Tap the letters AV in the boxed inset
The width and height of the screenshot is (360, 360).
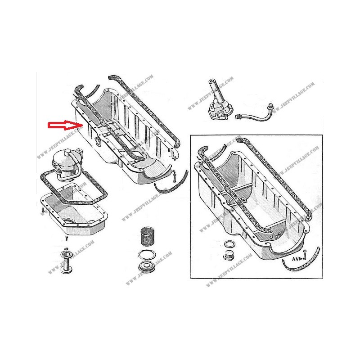(x=295, y=259)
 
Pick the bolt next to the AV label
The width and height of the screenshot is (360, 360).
(x=305, y=255)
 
